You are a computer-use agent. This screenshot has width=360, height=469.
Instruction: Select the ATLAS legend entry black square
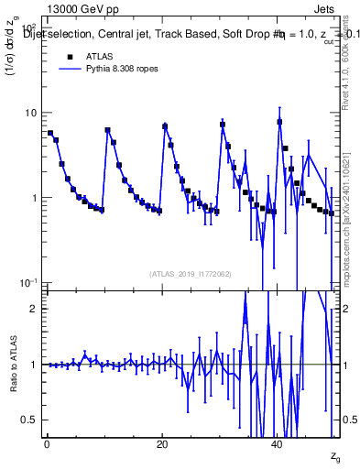(69, 56)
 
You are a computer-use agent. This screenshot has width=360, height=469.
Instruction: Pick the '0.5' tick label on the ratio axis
(31, 420)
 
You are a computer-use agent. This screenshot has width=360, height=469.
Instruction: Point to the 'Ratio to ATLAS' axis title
(13, 364)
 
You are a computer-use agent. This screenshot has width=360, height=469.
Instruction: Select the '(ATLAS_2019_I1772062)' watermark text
(190, 273)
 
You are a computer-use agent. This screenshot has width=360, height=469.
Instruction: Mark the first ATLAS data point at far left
(50, 133)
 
